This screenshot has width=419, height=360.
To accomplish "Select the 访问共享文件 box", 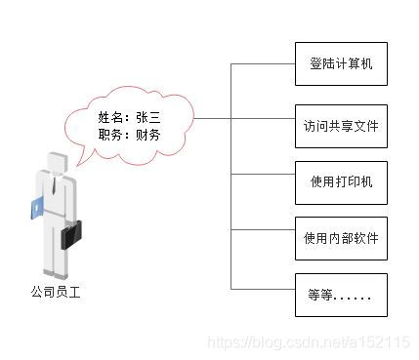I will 341,126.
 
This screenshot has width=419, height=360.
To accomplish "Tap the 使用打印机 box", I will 341,182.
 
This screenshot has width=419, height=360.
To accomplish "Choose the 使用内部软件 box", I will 341,238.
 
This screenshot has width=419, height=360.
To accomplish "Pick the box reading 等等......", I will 341,295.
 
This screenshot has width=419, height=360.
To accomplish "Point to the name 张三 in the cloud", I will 148,117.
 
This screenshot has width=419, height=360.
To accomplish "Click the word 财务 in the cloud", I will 148,135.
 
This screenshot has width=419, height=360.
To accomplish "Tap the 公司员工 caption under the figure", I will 56,291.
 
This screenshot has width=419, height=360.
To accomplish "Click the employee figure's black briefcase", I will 71,234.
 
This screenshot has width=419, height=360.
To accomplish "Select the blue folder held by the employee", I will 37,207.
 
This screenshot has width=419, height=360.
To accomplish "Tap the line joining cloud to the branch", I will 212,119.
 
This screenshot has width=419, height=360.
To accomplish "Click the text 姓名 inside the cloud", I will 109,117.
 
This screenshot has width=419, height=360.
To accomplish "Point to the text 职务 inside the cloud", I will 109,135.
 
